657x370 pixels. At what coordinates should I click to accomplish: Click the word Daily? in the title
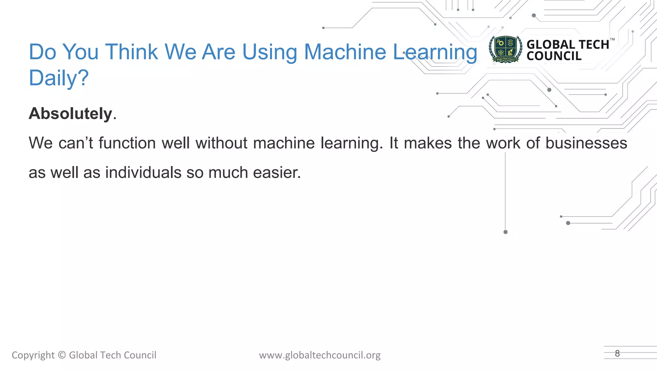click(59, 78)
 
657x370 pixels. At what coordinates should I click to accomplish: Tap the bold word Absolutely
click(71, 114)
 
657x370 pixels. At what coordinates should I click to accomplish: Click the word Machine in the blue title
click(345, 52)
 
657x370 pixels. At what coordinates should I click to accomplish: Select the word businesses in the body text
click(586, 143)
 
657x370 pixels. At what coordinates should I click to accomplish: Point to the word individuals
click(143, 173)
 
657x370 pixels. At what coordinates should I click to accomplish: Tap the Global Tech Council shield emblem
click(506, 49)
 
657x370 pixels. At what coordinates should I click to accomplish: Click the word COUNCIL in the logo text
click(554, 56)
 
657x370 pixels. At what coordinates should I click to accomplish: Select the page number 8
click(617, 353)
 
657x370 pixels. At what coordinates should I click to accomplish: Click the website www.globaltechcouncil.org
click(320, 355)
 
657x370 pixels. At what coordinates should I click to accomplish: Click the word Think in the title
click(132, 52)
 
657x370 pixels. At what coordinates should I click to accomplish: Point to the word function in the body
click(127, 143)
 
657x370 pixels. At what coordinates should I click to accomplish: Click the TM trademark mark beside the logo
click(612, 40)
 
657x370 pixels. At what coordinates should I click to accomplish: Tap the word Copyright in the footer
click(33, 355)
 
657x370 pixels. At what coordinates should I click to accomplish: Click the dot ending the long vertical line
click(506, 232)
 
